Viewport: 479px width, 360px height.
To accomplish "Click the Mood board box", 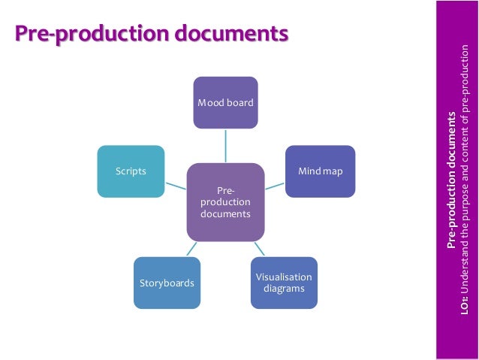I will click(225, 101).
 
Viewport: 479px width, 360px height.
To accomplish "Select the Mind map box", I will click(321, 171).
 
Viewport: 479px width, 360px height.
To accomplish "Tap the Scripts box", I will click(131, 171).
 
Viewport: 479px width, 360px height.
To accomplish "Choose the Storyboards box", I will click(167, 283).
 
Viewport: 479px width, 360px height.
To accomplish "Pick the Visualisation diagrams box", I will click(284, 283).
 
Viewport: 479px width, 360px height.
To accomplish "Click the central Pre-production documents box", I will click(225, 198).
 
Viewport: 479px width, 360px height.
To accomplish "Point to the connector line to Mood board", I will click(225, 144).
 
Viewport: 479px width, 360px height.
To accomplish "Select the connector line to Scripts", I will click(176, 181).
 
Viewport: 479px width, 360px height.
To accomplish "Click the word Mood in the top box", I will click(208, 102).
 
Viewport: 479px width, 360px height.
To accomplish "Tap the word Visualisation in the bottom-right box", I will click(284, 277).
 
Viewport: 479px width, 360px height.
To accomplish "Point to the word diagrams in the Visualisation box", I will click(284, 289).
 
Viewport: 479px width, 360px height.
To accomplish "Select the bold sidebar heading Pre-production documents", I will click(451, 180).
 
